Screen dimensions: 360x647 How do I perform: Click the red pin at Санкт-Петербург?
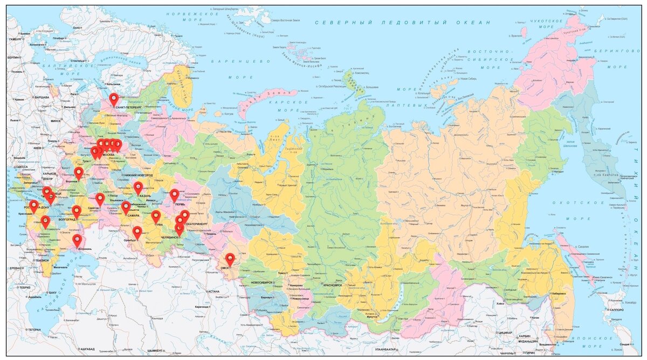(x=113, y=99)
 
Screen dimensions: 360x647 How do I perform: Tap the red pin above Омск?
(x=230, y=258)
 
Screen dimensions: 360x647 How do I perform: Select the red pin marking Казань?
(x=138, y=187)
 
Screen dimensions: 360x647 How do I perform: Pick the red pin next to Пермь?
(x=174, y=195)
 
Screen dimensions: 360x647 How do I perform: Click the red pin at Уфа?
(x=156, y=216)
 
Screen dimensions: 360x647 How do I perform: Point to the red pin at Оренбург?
(x=137, y=232)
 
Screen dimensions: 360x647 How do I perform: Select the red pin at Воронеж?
(x=79, y=172)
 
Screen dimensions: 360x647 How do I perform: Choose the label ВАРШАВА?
(x=42, y=97)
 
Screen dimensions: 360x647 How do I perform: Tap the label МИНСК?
(x=56, y=121)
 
